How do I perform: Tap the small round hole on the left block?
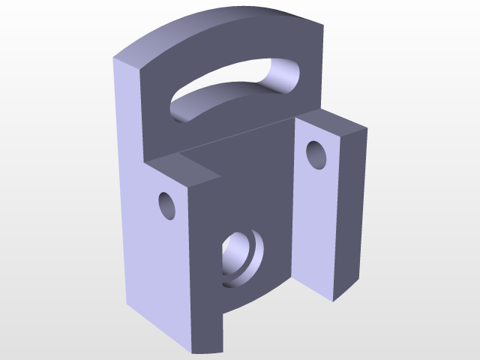point(166,205)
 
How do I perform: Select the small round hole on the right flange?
point(318,154)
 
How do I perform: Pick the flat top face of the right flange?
point(334,122)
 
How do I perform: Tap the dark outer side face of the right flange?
point(349,210)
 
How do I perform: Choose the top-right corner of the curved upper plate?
point(324,20)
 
